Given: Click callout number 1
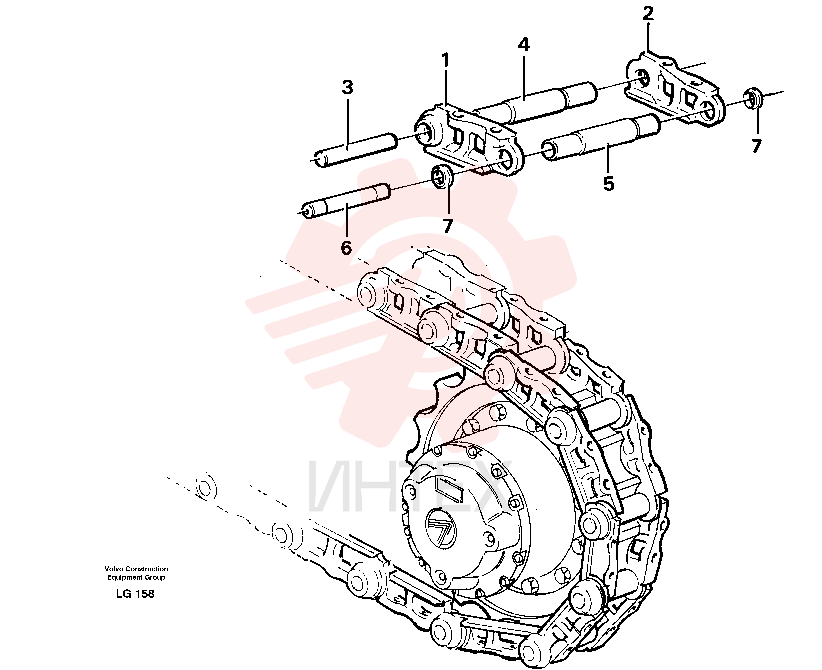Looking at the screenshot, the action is coord(445,60).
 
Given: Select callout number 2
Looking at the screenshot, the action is coord(648,13).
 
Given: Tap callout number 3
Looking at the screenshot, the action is coord(347,88).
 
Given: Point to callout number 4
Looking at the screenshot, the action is coord(523,45).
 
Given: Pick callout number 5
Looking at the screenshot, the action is coord(609,184).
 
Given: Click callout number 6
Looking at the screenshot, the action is coord(346,248).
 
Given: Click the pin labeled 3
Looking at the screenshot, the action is coord(355,150).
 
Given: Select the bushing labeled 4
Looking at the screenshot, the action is coord(535,103).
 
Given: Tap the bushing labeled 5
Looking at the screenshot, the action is coord(601,138).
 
